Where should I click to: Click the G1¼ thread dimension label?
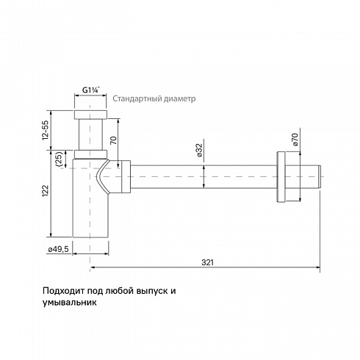tap(90, 90)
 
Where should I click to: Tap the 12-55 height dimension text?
tap(46, 130)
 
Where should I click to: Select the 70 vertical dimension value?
tap(113, 140)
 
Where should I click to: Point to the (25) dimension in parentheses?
tap(60, 159)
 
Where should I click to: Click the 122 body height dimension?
tap(46, 191)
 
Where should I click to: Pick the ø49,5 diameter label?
tap(59, 249)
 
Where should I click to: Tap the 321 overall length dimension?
tap(207, 262)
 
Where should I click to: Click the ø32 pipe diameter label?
tap(199, 150)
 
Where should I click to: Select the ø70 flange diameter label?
tap(295, 140)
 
